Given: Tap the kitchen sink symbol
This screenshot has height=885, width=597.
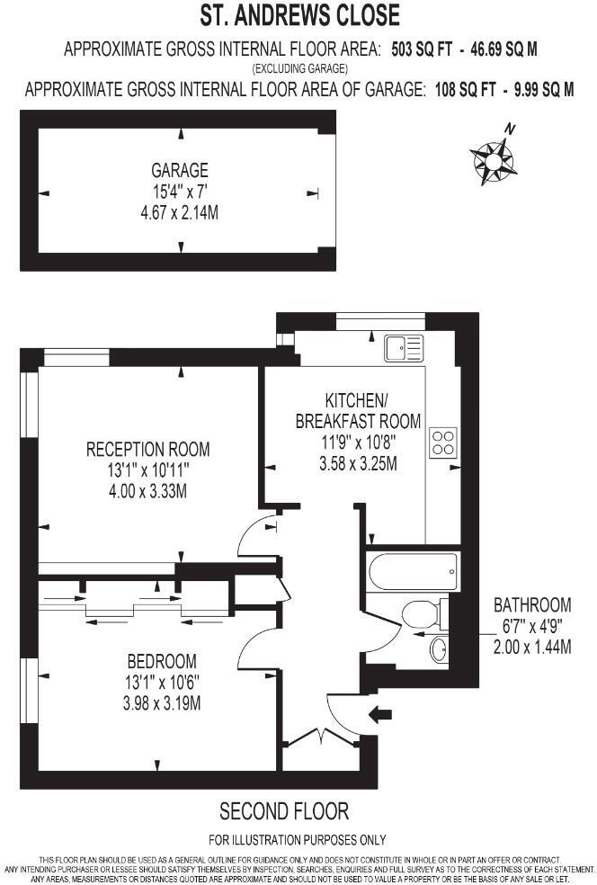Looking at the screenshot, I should click(403, 346).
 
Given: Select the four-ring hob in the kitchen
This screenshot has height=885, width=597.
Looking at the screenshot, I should click(442, 442).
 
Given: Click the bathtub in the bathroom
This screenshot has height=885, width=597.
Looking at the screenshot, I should click(413, 571).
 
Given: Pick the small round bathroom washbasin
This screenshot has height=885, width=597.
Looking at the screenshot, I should click(438, 648).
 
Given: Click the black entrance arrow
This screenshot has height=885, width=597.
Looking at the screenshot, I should click(382, 715).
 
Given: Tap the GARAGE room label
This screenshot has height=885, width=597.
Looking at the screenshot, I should click(180, 170).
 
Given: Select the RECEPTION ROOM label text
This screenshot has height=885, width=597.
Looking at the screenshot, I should click(148, 449).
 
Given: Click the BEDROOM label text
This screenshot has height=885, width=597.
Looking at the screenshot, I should click(162, 661).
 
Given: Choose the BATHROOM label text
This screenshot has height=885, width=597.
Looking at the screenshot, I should click(532, 605).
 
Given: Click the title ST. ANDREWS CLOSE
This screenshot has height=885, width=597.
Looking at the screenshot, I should click(298, 16).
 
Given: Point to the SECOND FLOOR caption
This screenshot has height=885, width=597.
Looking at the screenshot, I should click(284, 811).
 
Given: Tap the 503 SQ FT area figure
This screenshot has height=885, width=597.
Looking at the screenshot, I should click(420, 49).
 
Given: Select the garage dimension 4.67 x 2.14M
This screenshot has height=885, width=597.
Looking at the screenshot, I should click(180, 213).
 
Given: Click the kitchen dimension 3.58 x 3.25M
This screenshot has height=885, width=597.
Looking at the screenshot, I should click(358, 463).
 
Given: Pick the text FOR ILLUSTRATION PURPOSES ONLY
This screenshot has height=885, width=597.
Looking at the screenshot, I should click(298, 840).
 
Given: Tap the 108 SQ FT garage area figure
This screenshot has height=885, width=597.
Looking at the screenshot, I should click(458, 89).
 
